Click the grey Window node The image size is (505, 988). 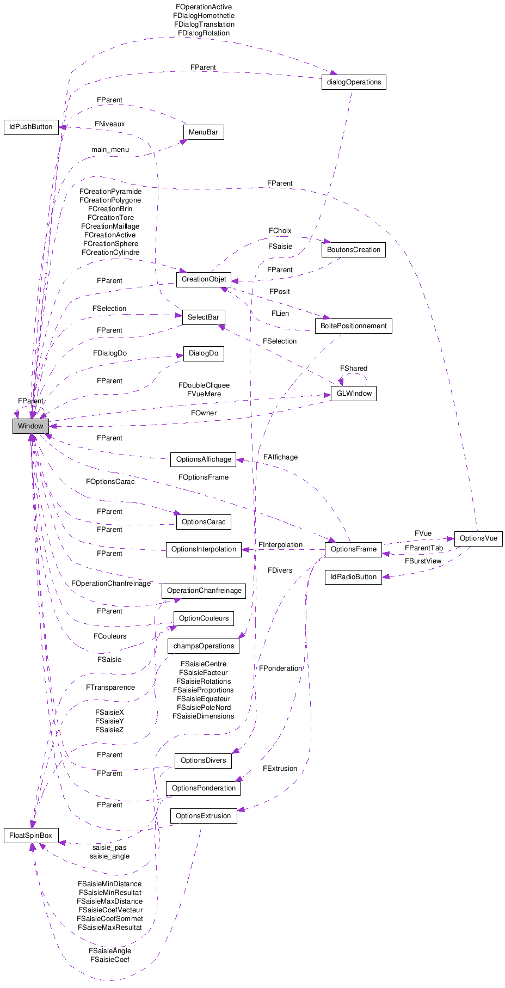30,426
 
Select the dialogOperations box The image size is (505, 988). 354,82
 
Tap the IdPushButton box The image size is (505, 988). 31,127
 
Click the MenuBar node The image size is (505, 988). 203,132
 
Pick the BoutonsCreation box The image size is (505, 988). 354,250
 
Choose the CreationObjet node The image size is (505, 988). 204,279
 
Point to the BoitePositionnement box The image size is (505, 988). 353,326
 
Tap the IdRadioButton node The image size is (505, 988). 354,577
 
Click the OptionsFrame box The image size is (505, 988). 353,549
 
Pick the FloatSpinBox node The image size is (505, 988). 31,836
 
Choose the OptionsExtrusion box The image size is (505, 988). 204,816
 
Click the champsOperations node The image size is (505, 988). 204,646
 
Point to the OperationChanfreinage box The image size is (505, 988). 204,591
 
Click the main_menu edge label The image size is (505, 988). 110,150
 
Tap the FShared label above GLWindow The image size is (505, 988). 354,369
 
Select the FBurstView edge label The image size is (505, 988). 423,561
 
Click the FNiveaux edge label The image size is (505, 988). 110,124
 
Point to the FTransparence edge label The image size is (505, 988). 110,688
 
